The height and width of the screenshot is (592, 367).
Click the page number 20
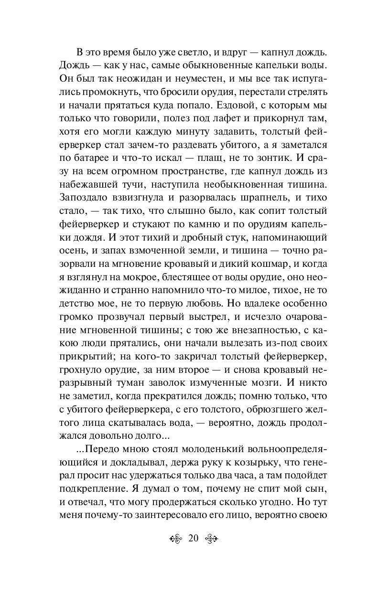point(194,538)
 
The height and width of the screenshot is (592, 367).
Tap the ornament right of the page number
point(212,539)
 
